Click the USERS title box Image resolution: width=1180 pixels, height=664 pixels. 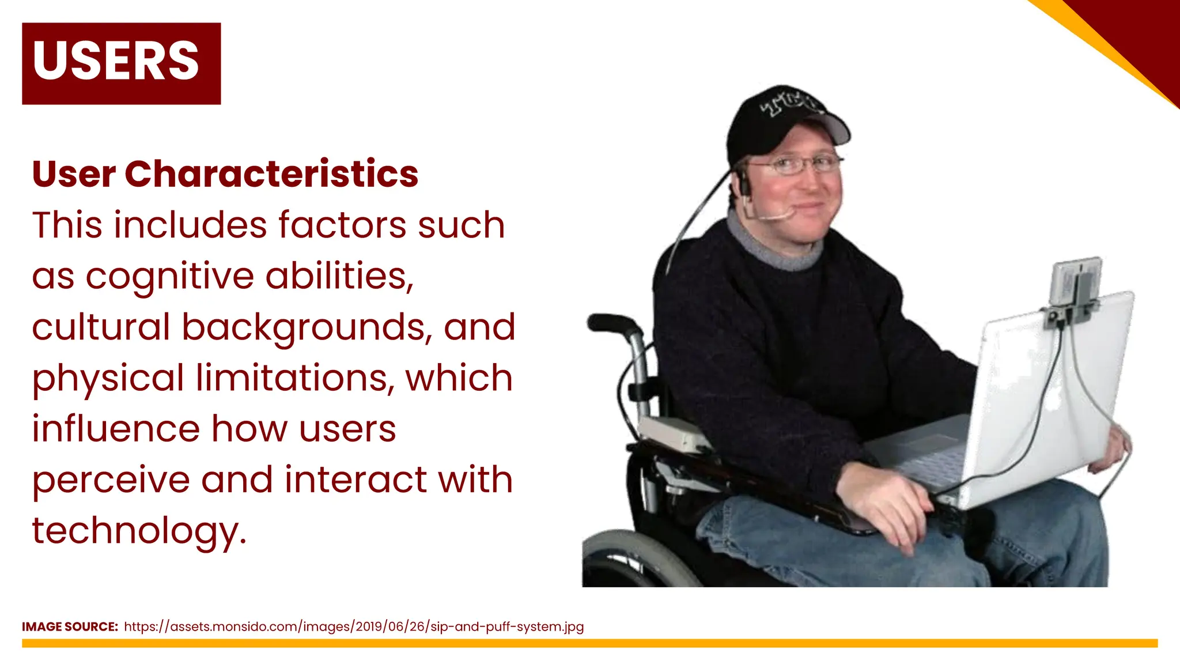(121, 63)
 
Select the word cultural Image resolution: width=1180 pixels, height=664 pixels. (101, 327)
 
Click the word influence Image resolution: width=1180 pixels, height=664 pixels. (116, 429)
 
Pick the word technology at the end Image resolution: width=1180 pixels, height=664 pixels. (138, 531)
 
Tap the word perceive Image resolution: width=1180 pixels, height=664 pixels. (111, 480)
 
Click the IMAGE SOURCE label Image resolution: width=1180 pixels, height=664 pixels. (70, 627)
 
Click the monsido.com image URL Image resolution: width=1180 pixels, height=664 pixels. (354, 627)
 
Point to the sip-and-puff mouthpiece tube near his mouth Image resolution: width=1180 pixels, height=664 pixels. (775, 217)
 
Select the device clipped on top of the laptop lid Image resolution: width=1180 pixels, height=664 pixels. (1075, 285)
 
